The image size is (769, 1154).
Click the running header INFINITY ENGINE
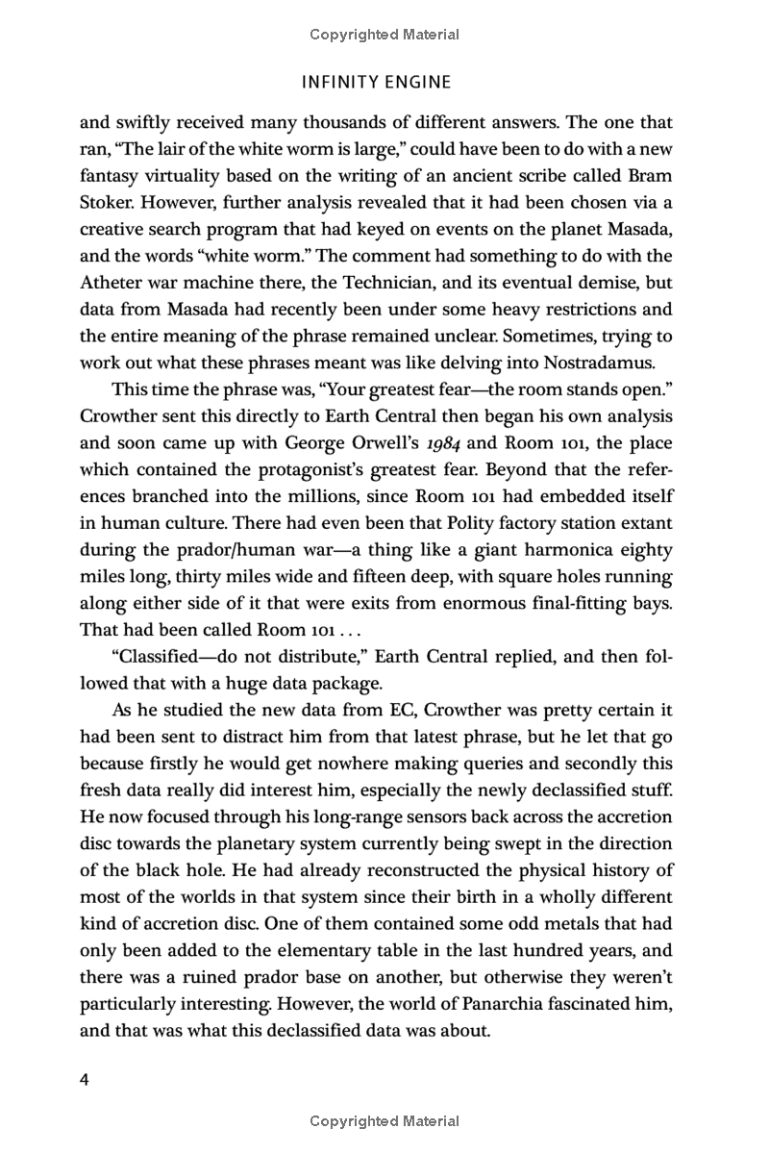click(376, 82)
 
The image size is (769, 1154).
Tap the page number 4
click(85, 1080)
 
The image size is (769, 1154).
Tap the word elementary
click(384, 949)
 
